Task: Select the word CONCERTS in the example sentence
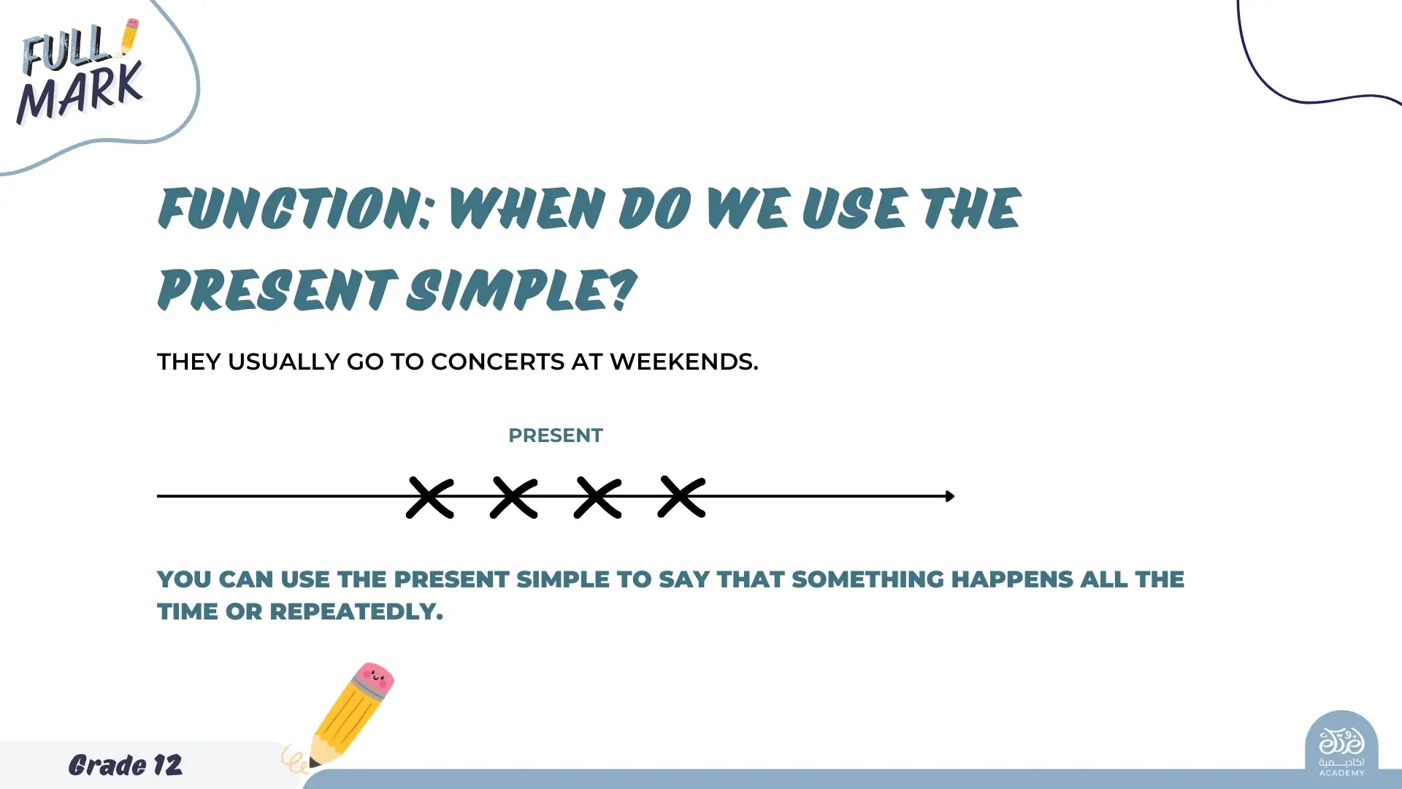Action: (497, 362)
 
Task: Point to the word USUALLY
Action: (283, 362)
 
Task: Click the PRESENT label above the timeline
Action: (556, 435)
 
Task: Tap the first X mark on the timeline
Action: (430, 498)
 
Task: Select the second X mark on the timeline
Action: (514, 498)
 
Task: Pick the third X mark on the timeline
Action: (598, 498)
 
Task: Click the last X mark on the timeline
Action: (682, 497)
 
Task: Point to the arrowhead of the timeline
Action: (950, 496)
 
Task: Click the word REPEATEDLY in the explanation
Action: (356, 611)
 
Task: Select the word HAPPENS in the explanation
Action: (1012, 579)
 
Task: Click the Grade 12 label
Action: (126, 765)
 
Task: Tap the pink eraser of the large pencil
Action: (375, 678)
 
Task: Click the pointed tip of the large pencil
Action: (313, 763)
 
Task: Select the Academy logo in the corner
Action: (1341, 747)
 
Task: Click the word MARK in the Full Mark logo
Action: (80, 93)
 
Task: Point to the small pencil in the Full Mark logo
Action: (129, 36)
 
